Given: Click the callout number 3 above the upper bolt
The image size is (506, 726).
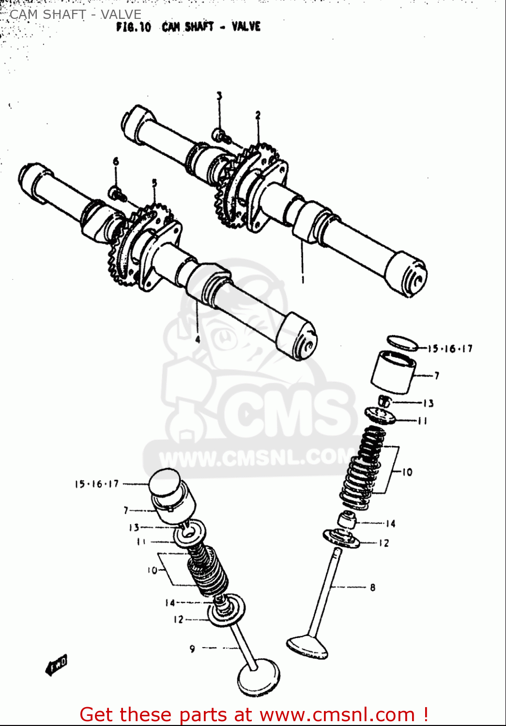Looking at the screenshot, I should pos(219,96).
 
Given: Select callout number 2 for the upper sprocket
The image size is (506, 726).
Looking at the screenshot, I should pos(258,115).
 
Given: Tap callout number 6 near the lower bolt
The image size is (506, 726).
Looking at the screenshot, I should pos(116,161).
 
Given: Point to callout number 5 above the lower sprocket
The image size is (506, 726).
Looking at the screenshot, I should pos(154,183).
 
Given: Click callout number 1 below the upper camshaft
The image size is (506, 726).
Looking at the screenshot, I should pos(303,279).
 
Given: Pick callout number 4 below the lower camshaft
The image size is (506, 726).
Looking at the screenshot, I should pos(198,339).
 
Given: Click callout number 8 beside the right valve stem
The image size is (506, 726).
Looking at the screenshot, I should pos(372,588).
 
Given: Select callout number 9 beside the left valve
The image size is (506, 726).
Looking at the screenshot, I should pos(192,649).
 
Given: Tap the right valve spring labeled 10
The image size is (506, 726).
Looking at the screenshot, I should pos(363,469).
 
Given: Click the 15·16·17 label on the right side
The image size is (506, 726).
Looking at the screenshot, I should pos(450,348).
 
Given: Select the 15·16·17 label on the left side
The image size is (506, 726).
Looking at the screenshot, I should pos(96,484).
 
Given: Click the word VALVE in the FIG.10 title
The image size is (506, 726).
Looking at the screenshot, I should pos(245,27).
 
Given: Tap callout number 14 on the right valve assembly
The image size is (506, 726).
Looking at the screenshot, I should pos(390,524).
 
